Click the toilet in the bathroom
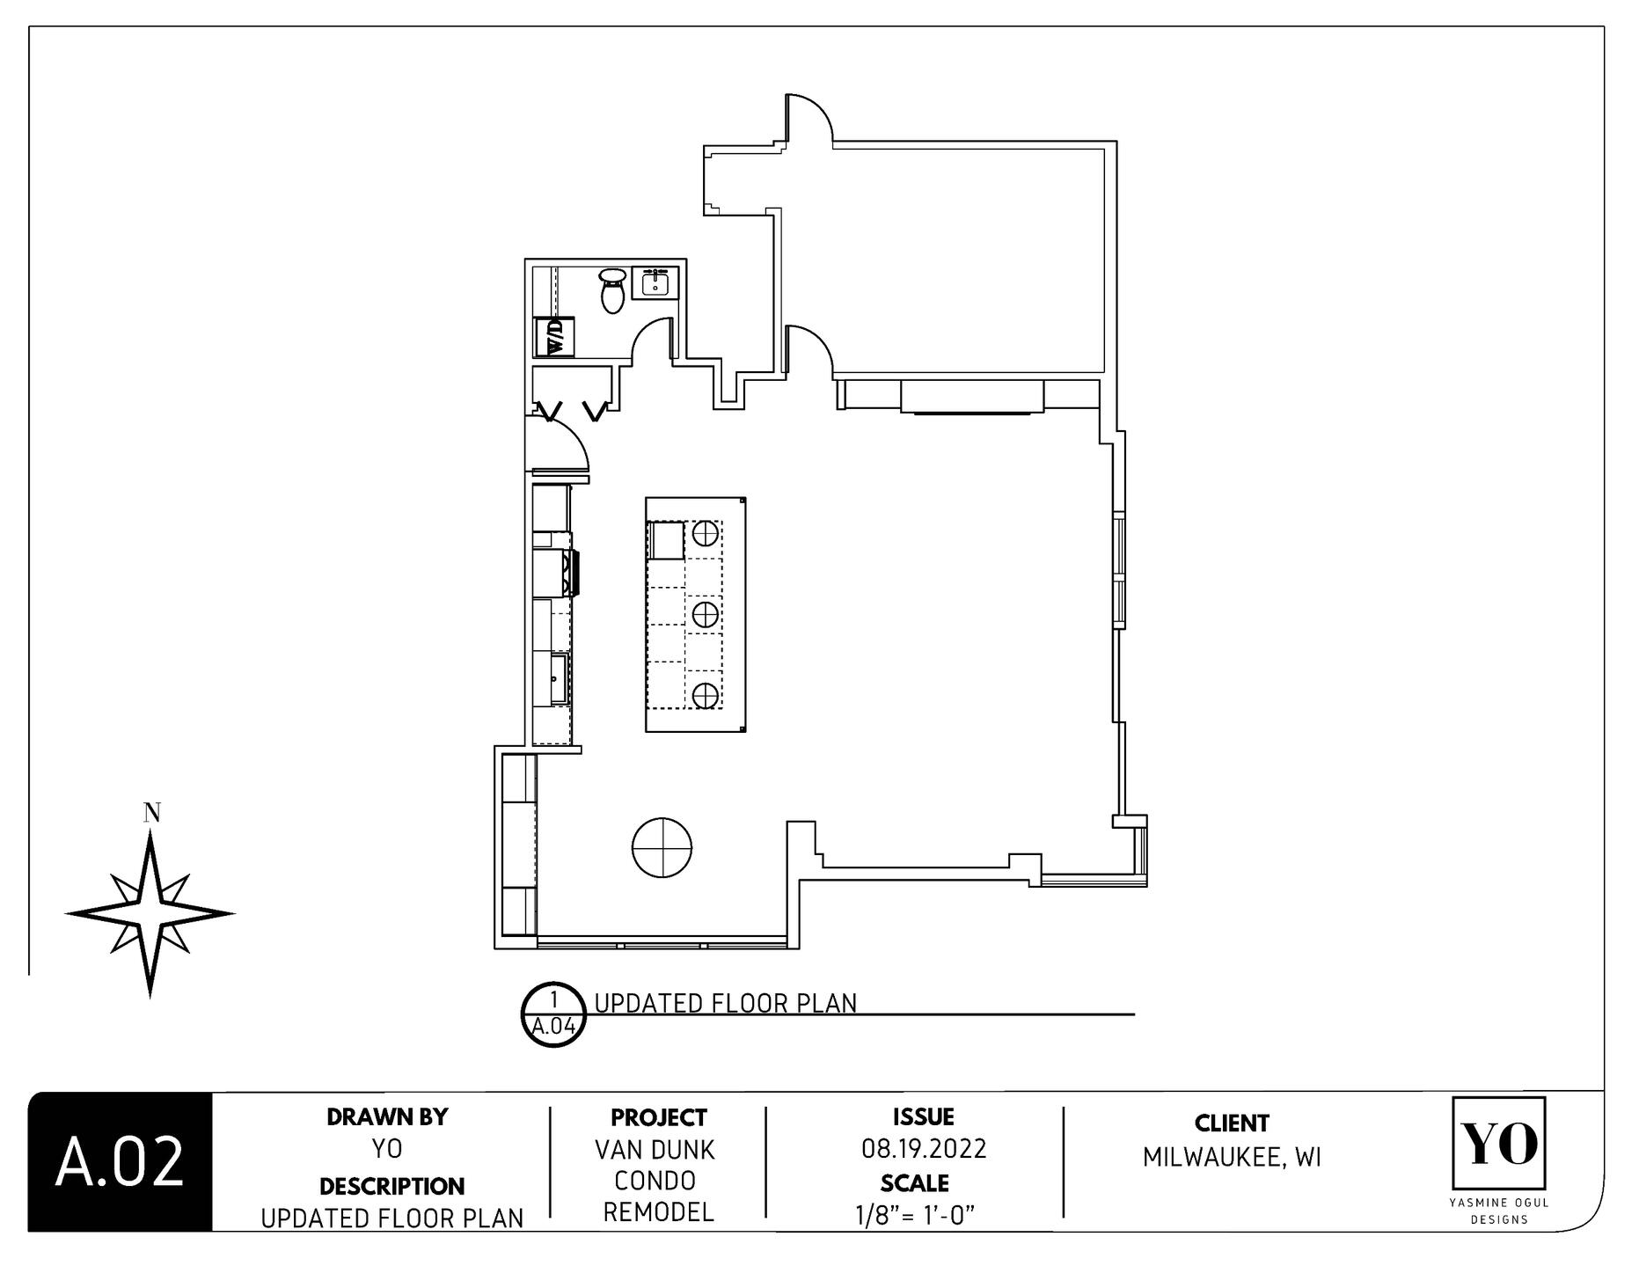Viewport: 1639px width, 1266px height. pos(613,289)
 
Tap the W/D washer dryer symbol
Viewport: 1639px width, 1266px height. pos(555,337)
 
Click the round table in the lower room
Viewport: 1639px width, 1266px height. pos(662,847)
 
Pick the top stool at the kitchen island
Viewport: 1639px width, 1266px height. pos(704,532)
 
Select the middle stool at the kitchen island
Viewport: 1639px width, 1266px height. pos(704,614)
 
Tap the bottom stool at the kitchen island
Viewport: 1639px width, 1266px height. pos(704,696)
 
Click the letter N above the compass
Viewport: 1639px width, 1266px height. pos(152,813)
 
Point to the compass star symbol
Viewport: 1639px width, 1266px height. pos(150,914)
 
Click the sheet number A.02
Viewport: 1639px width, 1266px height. pos(120,1162)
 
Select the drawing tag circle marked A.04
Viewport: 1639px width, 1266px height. pos(554,1014)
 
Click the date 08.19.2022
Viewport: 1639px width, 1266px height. pos(924,1149)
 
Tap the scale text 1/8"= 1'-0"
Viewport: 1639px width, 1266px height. pos(915,1215)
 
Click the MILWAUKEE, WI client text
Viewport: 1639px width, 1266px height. pos(1232,1158)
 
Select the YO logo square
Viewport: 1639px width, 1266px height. pos(1499,1143)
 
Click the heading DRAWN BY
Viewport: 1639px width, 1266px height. pos(387,1117)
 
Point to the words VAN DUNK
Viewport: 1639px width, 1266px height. pos(655,1150)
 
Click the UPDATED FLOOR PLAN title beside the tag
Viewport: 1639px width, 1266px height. pos(726,1004)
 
